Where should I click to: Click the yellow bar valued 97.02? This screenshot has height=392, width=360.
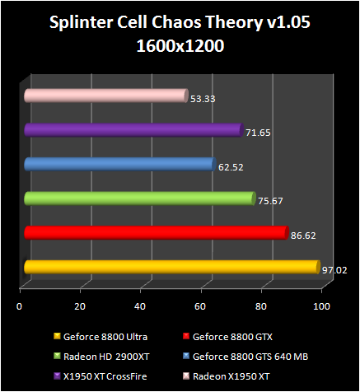(171, 267)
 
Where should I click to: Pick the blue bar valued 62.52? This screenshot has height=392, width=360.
(120, 164)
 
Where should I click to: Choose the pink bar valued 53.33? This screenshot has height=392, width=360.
(106, 96)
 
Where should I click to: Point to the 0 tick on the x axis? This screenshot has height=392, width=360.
(20, 307)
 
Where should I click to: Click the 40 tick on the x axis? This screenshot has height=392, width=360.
(140, 307)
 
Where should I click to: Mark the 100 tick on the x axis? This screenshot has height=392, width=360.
(321, 307)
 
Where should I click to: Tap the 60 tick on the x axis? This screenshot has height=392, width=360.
(200, 307)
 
